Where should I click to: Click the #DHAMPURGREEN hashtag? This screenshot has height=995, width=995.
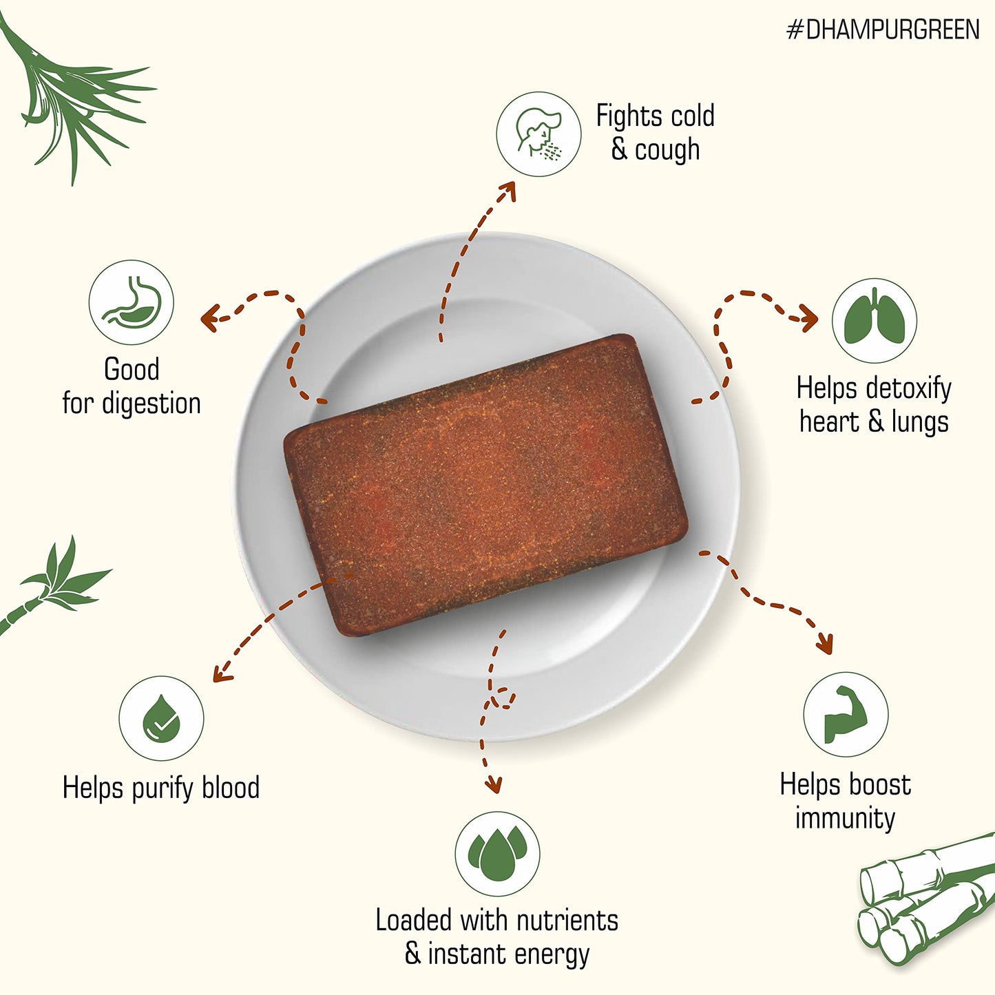[x=883, y=30]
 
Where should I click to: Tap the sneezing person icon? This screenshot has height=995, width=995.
[x=538, y=134]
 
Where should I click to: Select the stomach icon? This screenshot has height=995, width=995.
[x=131, y=302]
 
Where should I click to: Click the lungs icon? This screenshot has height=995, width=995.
[x=874, y=320]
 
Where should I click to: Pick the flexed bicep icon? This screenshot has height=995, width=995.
[x=846, y=714]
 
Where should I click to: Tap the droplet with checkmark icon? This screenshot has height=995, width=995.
[x=161, y=718]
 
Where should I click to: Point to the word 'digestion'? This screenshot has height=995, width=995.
[x=151, y=404]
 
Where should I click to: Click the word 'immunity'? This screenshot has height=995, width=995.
[x=846, y=819]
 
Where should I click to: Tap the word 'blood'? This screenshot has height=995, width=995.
[x=230, y=788]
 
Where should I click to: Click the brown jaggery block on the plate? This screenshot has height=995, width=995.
[x=486, y=485]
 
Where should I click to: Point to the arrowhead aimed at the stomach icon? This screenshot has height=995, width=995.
[x=210, y=317]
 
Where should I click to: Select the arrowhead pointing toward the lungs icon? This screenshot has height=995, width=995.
[x=808, y=317]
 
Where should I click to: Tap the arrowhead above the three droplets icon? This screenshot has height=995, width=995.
[x=494, y=785]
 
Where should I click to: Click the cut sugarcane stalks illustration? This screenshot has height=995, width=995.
[x=926, y=899]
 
